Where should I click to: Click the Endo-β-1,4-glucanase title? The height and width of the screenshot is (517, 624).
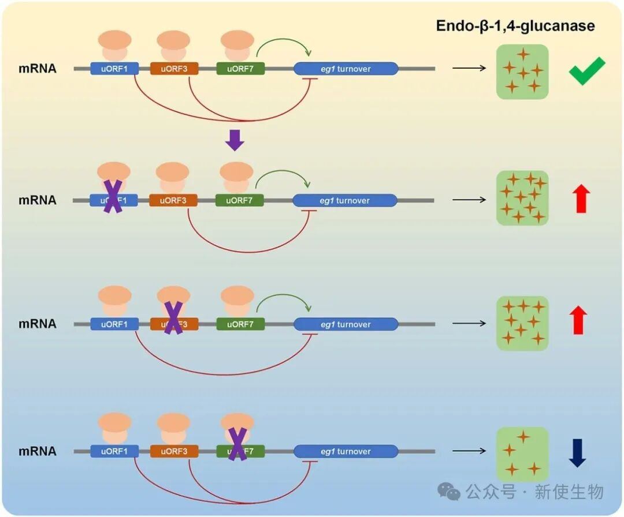(515, 26)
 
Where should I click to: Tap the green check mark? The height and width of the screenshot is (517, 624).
(586, 71)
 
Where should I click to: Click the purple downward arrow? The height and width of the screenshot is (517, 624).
(235, 140)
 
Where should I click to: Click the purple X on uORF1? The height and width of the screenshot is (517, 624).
(113, 196)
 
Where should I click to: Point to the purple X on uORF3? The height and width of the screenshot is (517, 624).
(173, 318)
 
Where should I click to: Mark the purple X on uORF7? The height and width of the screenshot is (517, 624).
(237, 444)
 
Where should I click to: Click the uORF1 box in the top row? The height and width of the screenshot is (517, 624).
(114, 69)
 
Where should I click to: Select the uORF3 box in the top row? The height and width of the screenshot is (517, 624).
(174, 69)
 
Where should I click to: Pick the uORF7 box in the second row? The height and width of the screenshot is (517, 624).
(239, 200)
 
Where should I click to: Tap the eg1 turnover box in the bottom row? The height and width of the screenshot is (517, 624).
(346, 451)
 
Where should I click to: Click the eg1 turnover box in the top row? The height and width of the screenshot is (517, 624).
(346, 69)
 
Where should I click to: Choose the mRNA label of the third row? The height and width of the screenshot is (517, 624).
(38, 324)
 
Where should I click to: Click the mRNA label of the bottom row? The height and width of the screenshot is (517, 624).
(38, 451)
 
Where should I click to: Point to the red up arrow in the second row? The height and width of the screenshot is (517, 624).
(581, 199)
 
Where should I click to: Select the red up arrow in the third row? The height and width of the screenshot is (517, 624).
(578, 320)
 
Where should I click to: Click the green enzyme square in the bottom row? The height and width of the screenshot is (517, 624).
(522, 454)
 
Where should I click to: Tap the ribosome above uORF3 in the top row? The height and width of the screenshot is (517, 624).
(173, 44)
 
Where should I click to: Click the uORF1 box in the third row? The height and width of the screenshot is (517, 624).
(114, 324)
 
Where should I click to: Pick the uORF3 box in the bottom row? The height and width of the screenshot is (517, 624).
(174, 451)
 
